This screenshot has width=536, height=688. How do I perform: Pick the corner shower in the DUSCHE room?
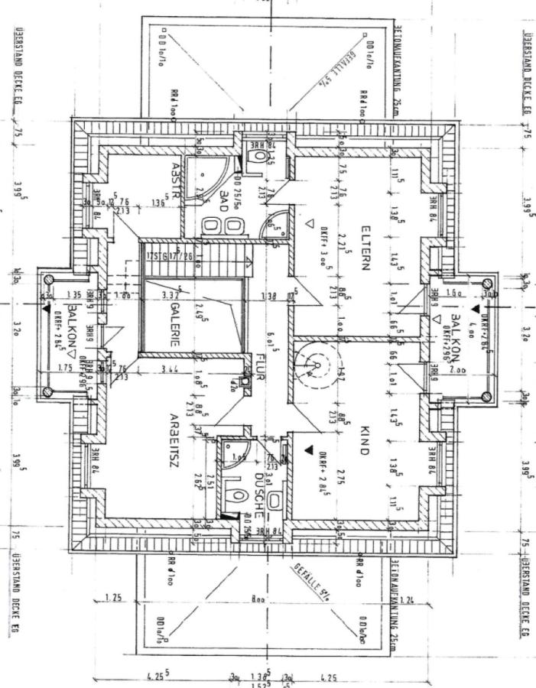pyautogui.click(x=231, y=452)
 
